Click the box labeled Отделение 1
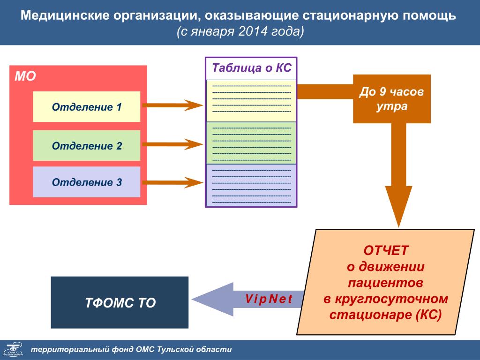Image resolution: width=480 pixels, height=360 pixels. (x=87, y=107)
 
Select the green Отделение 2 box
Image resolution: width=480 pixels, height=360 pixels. (x=87, y=146)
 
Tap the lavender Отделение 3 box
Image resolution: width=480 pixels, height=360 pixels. (x=87, y=182)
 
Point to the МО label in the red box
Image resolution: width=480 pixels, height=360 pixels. (x=25, y=76)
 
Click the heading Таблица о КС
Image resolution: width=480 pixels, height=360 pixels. (x=252, y=68)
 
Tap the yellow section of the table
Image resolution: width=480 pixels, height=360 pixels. (x=251, y=101)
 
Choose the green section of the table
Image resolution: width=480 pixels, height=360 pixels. (x=251, y=143)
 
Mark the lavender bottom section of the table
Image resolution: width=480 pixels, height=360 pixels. (x=251, y=185)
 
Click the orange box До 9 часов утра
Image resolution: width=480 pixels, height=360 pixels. (x=392, y=99)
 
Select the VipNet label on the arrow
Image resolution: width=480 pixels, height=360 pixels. (x=269, y=299)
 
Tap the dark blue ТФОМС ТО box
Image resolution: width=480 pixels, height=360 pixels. (x=120, y=302)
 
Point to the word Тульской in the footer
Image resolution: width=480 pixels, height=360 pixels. (x=176, y=350)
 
